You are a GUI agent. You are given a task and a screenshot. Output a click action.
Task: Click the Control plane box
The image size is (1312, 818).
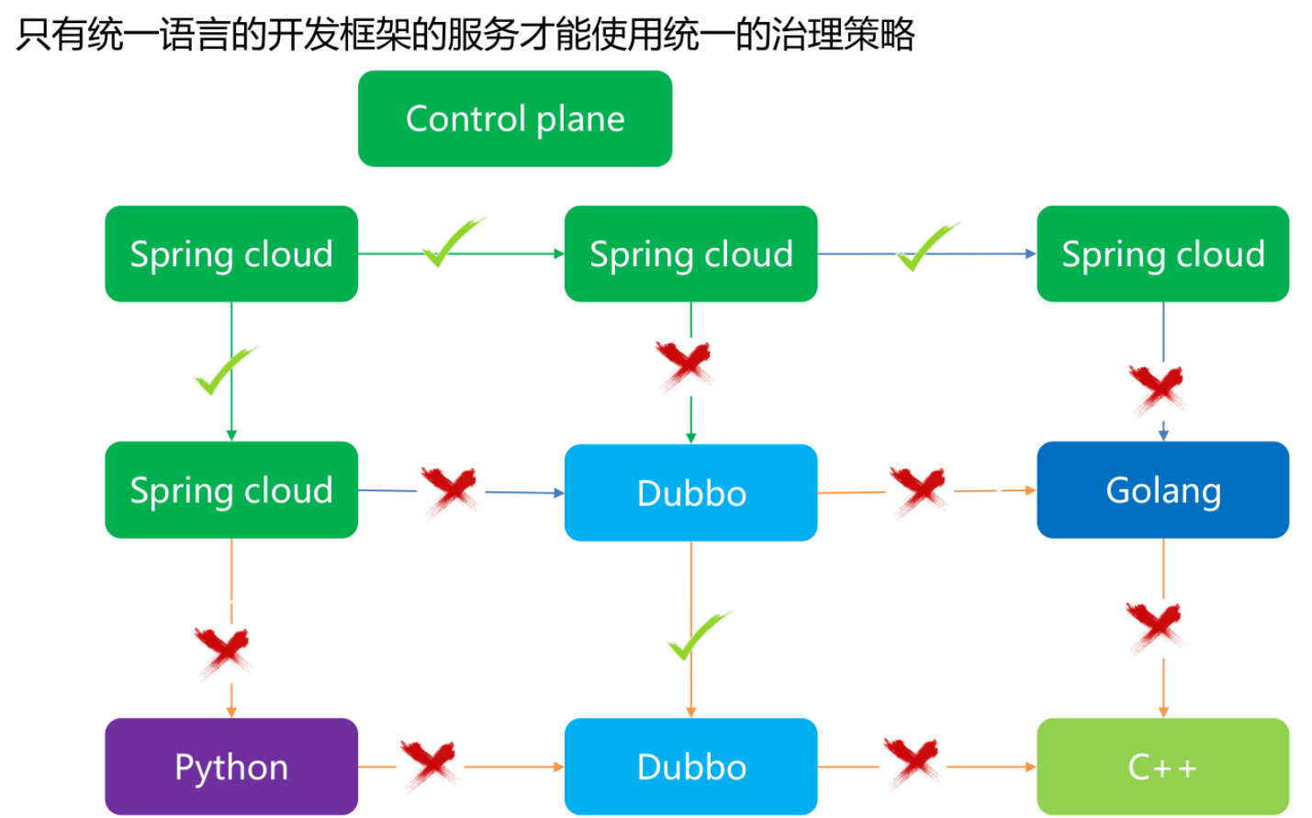[515, 118]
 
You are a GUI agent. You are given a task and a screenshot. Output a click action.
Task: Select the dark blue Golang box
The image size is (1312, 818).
[1162, 489]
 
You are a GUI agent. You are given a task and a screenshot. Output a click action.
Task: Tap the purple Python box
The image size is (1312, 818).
[231, 767]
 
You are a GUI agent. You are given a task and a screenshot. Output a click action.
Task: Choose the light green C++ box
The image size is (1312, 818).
[1162, 767]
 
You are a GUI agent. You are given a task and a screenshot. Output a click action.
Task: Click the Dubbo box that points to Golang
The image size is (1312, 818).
[690, 492]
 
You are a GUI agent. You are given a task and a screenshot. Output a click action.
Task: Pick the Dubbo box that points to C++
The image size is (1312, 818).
[690, 767]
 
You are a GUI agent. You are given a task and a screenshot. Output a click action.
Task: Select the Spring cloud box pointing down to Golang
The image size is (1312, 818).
[1162, 253]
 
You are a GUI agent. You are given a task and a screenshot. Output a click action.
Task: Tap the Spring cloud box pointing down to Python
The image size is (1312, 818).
[231, 489]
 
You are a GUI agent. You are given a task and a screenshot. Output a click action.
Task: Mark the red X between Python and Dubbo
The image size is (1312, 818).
[429, 765]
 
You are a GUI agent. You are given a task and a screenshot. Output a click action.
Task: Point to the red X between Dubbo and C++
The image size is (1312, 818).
[913, 764]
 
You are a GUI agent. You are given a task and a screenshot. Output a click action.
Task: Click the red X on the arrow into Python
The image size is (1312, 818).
[223, 653]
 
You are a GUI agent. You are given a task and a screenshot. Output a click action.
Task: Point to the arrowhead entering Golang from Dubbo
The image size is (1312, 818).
[1031, 490]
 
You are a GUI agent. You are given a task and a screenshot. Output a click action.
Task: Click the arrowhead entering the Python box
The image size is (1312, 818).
[231, 712]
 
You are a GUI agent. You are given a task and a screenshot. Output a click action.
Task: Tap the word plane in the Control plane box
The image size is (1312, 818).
[580, 120]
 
